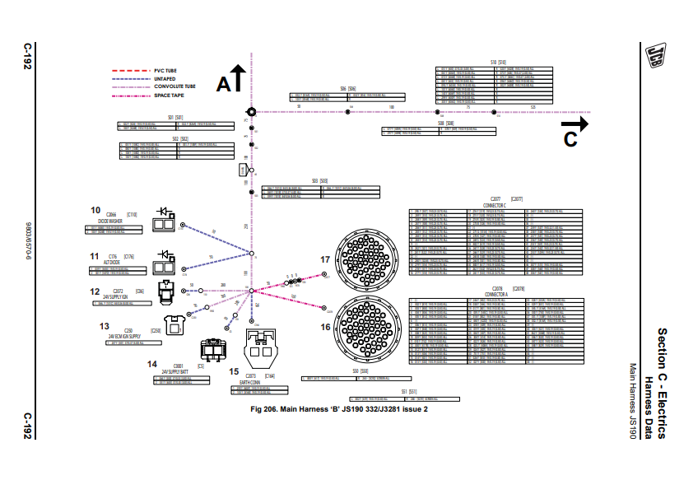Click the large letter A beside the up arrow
[224, 83]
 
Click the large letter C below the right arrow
[570, 140]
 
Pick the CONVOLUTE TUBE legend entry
[174, 86]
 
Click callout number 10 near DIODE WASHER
[96, 209]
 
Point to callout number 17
[325, 259]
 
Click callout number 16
[325, 327]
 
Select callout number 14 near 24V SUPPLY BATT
[152, 363]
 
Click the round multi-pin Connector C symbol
[366, 254]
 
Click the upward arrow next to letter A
[237, 78]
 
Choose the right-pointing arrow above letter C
[574, 123]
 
